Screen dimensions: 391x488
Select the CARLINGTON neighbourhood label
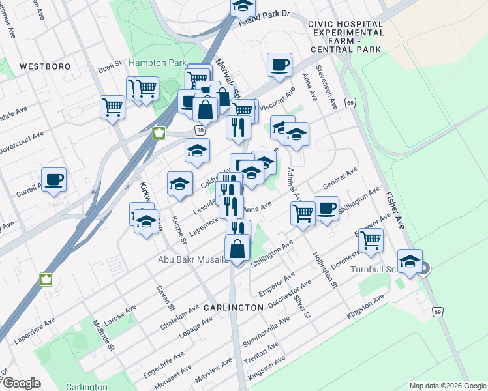point(233,307)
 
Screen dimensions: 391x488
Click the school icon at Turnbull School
point(410,263)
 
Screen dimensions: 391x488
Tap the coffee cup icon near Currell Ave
point(54,180)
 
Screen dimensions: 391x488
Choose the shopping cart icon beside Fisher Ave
point(371,239)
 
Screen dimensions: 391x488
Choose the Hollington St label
point(324,270)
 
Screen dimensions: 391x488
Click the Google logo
point(22,384)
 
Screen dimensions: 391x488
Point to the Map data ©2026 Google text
point(447,386)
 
